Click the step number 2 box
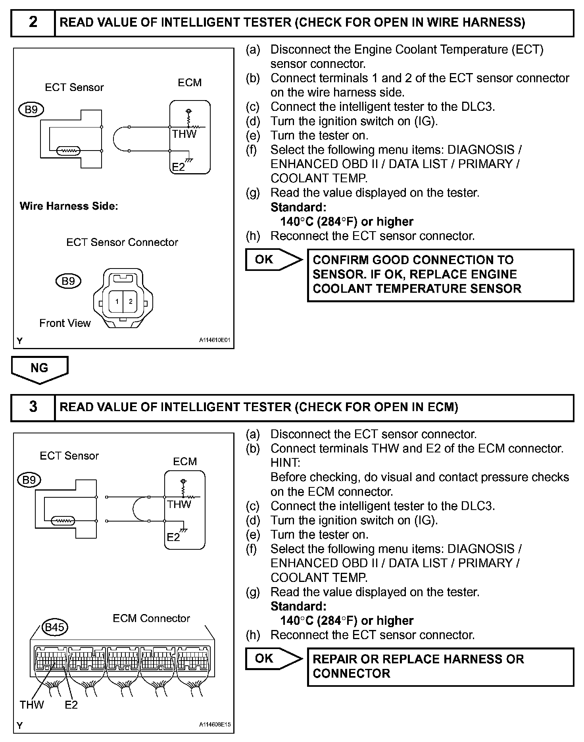click(x=33, y=22)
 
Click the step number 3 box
click(x=33, y=407)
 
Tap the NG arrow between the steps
click(x=39, y=369)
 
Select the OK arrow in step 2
click(x=273, y=260)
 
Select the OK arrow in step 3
click(x=273, y=659)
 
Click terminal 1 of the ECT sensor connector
click(x=117, y=301)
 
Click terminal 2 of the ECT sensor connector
click(x=131, y=301)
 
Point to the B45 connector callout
click(x=55, y=628)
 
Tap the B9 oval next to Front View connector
click(x=68, y=281)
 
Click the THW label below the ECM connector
click(x=32, y=705)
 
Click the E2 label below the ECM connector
click(x=71, y=705)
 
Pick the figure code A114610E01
click(x=215, y=340)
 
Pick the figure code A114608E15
click(x=215, y=725)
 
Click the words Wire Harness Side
click(x=69, y=206)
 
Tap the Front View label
click(x=65, y=323)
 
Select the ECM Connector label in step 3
click(x=151, y=618)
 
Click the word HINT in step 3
click(x=285, y=463)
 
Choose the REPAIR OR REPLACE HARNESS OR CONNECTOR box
click(x=440, y=667)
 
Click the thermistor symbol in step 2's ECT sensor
click(x=69, y=151)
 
